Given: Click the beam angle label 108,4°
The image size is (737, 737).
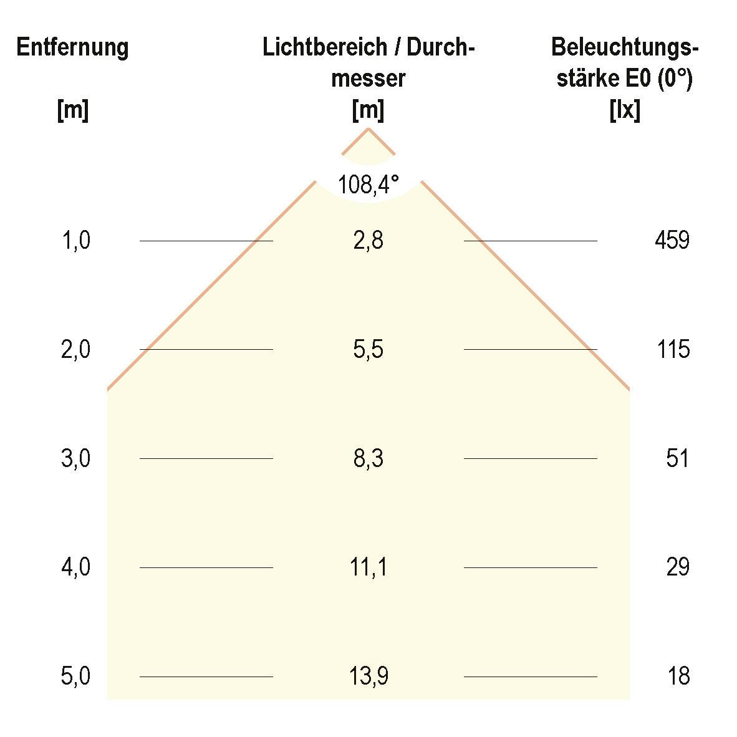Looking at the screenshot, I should coord(368,185).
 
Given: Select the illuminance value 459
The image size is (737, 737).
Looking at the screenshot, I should coord(672,240).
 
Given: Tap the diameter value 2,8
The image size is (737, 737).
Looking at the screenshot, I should coord(368,240).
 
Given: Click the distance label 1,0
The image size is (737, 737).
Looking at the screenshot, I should coord(75,240).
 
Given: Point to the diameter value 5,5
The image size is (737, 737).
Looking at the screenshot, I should coord(368,349).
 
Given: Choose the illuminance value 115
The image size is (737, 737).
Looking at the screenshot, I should coord(673,349).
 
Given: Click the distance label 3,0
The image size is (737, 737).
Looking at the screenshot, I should coord(75,459).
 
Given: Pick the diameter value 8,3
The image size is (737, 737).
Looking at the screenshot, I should coord(368,459).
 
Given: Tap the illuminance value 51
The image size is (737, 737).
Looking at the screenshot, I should coord(677,459).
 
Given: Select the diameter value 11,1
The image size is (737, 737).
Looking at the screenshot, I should coord(368,567).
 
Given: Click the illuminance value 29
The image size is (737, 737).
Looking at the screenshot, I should coord(677,567).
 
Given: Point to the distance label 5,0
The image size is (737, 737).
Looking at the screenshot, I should coord(75,677).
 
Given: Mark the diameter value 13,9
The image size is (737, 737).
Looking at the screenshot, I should coord(368,677).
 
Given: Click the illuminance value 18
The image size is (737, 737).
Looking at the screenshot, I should coord(678,677).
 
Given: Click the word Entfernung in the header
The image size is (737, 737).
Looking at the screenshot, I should coord(72,47).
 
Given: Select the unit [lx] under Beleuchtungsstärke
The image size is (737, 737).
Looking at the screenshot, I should coord(624,111).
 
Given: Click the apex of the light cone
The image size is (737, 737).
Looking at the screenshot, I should coord(368,128).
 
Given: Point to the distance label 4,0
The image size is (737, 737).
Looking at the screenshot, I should coord(75,567).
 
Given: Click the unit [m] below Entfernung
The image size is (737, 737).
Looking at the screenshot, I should coord(72,111).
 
